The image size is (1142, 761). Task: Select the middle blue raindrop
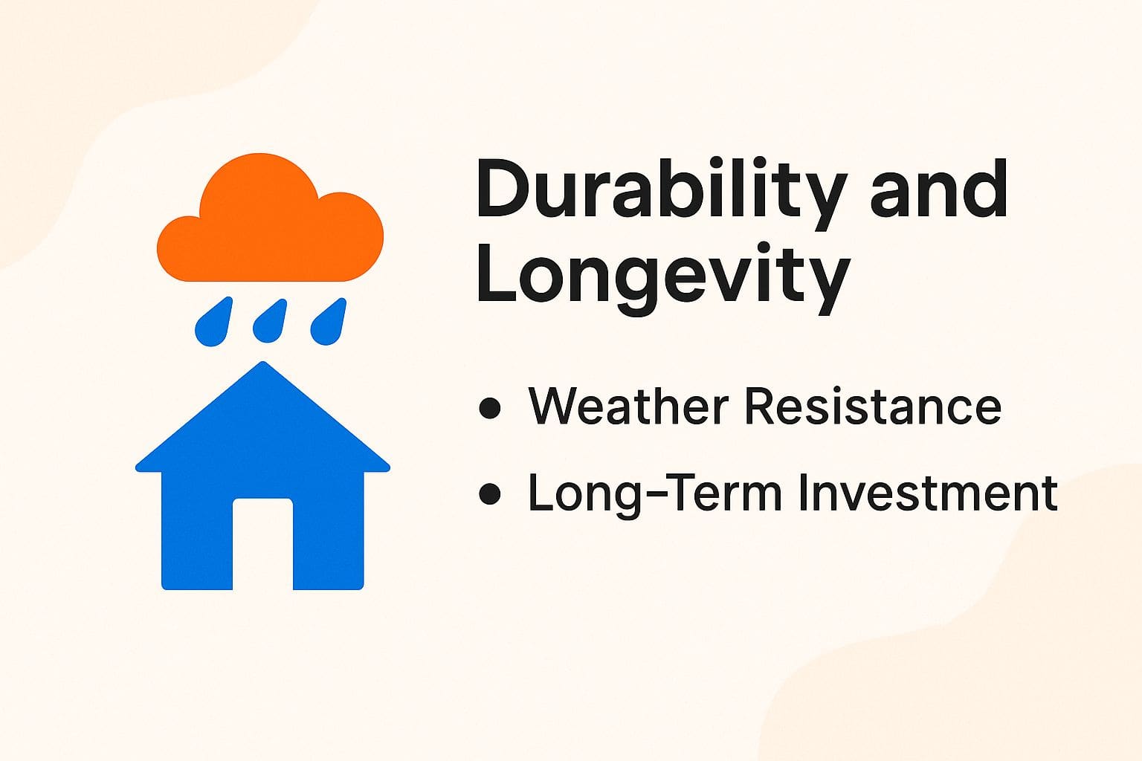click(x=270, y=324)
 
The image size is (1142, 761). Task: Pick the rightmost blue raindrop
click(x=328, y=324)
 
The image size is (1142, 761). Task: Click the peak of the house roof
click(x=262, y=366)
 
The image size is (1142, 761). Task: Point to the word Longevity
click(x=662, y=276)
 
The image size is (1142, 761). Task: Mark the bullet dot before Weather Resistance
click(x=490, y=408)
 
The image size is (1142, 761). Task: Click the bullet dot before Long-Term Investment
click(x=490, y=494)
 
